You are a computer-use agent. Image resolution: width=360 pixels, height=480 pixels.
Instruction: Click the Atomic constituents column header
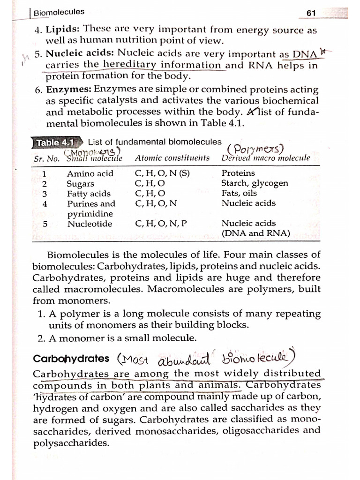tap(172, 158)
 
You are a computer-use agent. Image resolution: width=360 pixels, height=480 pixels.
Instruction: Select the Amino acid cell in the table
tap(90, 173)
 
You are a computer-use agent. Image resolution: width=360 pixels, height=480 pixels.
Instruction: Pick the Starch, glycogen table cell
tap(255, 183)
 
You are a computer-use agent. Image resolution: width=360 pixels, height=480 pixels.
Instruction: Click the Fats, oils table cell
tap(239, 193)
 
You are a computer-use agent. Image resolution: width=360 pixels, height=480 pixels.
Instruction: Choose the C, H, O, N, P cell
tap(161, 224)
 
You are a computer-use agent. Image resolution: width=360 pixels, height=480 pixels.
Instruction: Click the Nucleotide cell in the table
tap(90, 224)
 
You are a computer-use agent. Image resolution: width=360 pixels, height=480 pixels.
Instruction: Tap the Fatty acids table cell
tap(89, 194)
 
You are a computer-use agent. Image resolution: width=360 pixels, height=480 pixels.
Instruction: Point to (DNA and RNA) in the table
tap(255, 233)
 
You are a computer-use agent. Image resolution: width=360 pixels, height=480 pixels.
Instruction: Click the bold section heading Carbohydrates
tap(71, 359)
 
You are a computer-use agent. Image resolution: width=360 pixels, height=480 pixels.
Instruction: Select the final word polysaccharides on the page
tap(70, 442)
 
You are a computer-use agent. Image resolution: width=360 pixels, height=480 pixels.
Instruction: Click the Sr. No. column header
tap(46, 158)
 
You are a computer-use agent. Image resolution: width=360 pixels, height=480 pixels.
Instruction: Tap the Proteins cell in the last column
tap(238, 173)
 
